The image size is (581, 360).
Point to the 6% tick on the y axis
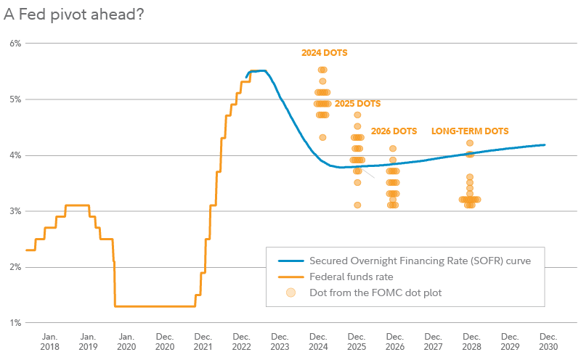tap(15, 44)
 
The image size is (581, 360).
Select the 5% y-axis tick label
tap(15, 99)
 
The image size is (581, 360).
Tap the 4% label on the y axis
tap(15, 155)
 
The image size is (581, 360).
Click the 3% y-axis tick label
tap(15, 211)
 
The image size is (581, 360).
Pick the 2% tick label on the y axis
tap(15, 267)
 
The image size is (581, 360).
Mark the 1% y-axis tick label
tap(15, 323)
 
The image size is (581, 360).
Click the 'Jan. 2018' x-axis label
tap(49, 342)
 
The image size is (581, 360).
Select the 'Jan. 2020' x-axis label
tap(126, 342)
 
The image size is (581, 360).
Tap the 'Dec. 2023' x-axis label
tap(280, 342)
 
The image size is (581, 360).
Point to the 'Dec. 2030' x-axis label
tap(548, 342)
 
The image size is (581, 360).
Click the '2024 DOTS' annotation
tap(325, 53)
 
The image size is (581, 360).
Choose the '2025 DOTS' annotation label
tap(357, 104)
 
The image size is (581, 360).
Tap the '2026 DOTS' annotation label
tap(394, 131)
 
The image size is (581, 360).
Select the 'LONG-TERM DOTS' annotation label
tap(470, 131)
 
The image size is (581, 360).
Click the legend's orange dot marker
tap(290, 292)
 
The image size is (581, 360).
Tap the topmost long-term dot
tap(470, 144)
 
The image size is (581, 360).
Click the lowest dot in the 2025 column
tap(357, 205)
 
